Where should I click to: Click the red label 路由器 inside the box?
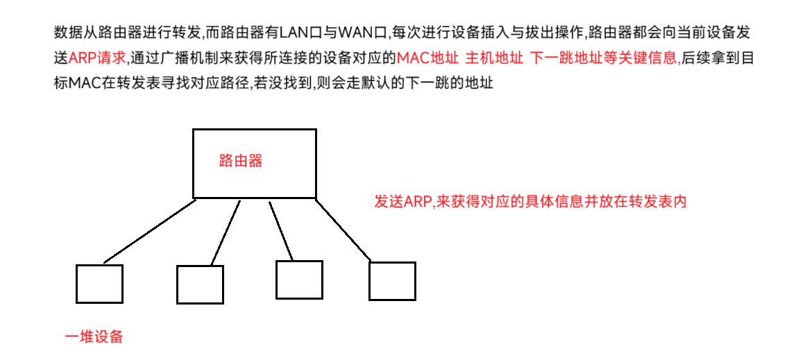tap(241, 162)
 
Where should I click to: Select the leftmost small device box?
tap(99, 284)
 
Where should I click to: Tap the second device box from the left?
tap(200, 284)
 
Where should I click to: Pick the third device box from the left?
tap(299, 280)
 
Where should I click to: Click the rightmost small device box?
tap(392, 281)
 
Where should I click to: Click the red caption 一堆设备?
tap(94, 338)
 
